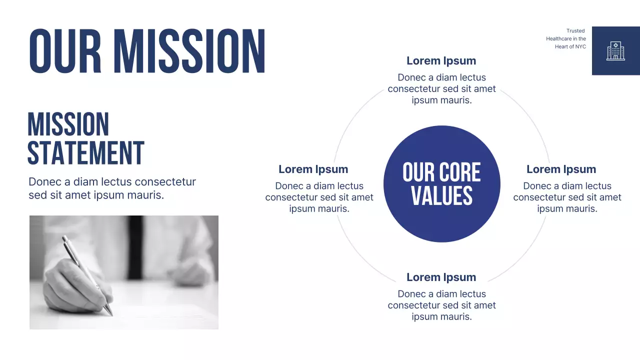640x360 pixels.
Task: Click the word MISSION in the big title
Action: pyautogui.click(x=189, y=51)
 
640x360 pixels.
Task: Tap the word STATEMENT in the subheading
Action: pyautogui.click(x=85, y=152)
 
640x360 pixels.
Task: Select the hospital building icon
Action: pyautogui.click(x=615, y=51)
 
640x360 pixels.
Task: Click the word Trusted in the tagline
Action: pyautogui.click(x=575, y=31)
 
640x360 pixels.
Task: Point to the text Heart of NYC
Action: pyautogui.click(x=570, y=46)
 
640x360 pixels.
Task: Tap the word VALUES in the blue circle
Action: pyautogui.click(x=441, y=195)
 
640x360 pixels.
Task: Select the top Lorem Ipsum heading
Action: pyautogui.click(x=441, y=61)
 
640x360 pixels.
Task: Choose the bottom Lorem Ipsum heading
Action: pyautogui.click(x=441, y=277)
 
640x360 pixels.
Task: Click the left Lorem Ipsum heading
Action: pyautogui.click(x=313, y=169)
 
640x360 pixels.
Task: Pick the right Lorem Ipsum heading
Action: pyautogui.click(x=561, y=169)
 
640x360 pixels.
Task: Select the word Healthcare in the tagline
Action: pyautogui.click(x=558, y=39)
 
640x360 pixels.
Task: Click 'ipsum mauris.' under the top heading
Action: pyautogui.click(x=441, y=100)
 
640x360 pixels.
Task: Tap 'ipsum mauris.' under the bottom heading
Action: pyautogui.click(x=441, y=316)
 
